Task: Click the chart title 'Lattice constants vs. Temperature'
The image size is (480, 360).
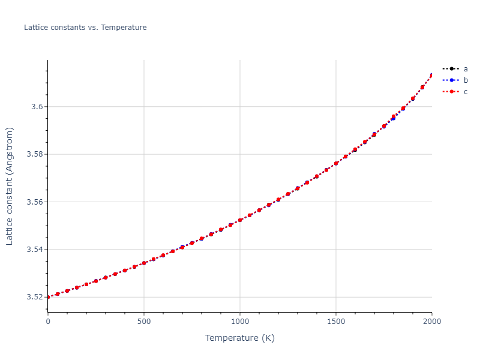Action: pyautogui.click(x=85, y=28)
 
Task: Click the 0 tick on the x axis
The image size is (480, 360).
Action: pyautogui.click(x=48, y=322)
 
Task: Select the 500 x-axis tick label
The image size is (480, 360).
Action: pyautogui.click(x=144, y=322)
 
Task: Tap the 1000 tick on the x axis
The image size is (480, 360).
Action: pyautogui.click(x=240, y=322)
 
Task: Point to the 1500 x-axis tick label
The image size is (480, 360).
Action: pyautogui.click(x=336, y=322)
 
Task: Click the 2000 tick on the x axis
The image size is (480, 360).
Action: pyautogui.click(x=431, y=322)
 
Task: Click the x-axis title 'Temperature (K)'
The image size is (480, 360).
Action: pyautogui.click(x=240, y=338)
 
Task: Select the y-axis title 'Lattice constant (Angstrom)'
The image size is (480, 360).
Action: pyautogui.click(x=10, y=186)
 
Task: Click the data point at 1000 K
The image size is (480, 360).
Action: pyautogui.click(x=240, y=220)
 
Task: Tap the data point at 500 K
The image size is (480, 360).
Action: pyautogui.click(x=144, y=263)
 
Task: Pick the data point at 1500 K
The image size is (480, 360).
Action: pyautogui.click(x=336, y=163)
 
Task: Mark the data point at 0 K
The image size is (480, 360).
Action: pyautogui.click(x=48, y=297)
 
